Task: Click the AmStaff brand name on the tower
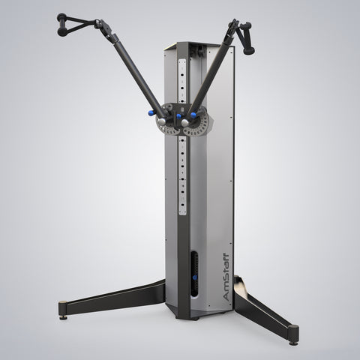[226, 277]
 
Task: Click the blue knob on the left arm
[151, 113]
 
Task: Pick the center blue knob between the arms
[178, 116]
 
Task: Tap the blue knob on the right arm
[193, 115]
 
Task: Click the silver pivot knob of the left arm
[162, 122]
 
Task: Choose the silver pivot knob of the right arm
[184, 122]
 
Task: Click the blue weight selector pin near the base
[194, 277]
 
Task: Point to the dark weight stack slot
[194, 274]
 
